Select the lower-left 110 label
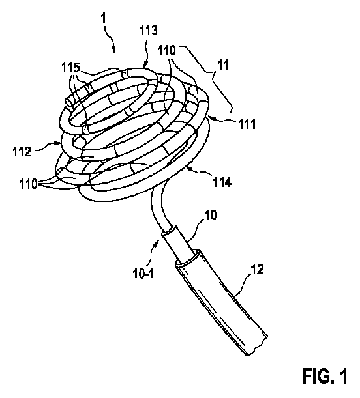pyautogui.click(x=27, y=183)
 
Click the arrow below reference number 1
pyautogui.click(x=115, y=46)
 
